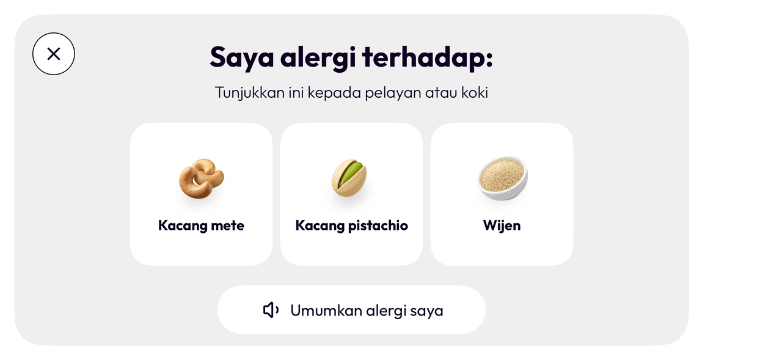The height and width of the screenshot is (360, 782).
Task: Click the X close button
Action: [53, 54]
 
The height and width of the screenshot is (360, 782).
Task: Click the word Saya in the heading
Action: [241, 57]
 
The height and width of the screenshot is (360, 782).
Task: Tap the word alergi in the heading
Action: [318, 57]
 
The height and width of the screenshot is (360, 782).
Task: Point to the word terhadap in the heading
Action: [427, 57]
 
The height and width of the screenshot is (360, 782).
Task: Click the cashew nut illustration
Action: [202, 178]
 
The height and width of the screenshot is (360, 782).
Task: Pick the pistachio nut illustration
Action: [349, 178]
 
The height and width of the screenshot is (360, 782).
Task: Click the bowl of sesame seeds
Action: [502, 178]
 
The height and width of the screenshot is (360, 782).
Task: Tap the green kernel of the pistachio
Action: [350, 173]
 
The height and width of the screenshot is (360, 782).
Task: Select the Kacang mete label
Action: [201, 226]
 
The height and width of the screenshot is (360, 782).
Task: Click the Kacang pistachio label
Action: [351, 226]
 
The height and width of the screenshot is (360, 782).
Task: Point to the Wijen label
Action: [502, 226]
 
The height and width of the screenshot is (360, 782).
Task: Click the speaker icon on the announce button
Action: [271, 310]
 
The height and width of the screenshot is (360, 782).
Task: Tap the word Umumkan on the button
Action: [326, 310]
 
